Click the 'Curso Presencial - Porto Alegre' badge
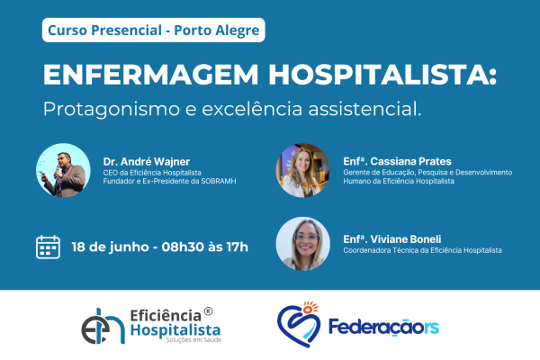pos(153,30)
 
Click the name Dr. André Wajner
pos(147,162)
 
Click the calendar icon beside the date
pos(48,247)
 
